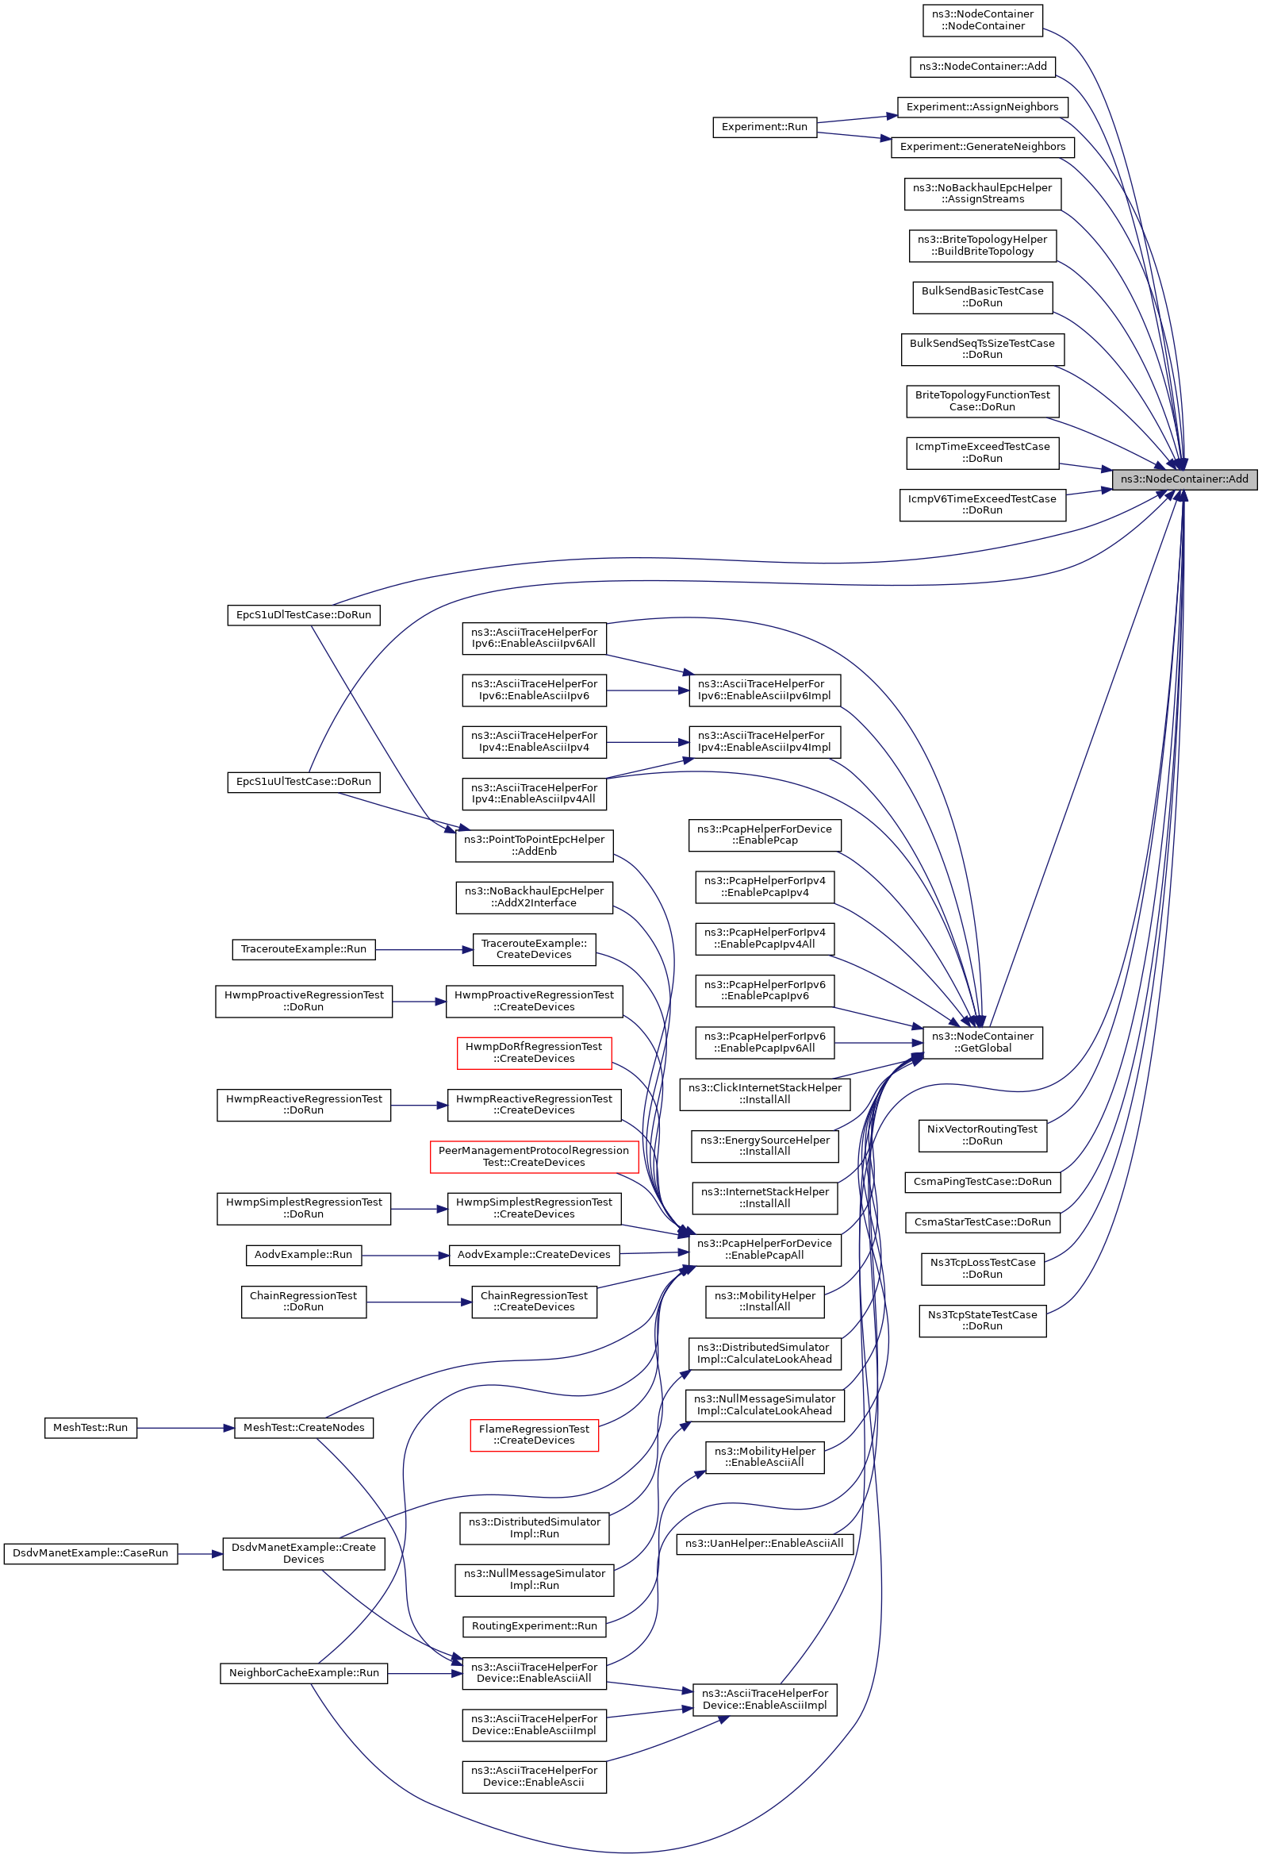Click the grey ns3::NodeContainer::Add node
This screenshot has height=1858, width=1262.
[x=1183, y=479]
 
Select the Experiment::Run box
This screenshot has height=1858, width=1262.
[x=764, y=127]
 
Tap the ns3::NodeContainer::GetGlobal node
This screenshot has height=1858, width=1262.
[x=982, y=1043]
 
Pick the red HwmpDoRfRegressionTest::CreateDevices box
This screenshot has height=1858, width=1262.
[x=534, y=1053]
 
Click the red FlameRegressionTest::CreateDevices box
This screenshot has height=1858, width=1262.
[x=534, y=1435]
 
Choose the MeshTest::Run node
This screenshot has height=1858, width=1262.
[x=90, y=1428]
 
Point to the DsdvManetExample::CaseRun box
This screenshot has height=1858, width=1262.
[x=90, y=1553]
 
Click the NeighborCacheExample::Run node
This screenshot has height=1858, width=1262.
[x=304, y=1673]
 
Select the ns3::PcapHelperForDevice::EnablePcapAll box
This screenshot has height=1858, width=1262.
[x=764, y=1249]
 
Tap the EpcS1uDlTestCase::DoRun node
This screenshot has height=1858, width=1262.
[x=304, y=616]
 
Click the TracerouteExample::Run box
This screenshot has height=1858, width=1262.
[x=304, y=950]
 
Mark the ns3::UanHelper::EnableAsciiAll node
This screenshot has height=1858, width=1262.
[x=764, y=1544]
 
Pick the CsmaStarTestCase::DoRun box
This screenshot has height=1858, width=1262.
[x=982, y=1222]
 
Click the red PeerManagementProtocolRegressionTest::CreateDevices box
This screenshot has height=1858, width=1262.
[x=534, y=1157]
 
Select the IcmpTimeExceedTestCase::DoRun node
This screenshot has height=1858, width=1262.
[x=982, y=452]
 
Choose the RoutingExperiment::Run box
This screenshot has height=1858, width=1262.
[x=534, y=1626]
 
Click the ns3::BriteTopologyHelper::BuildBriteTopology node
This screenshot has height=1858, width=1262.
[x=982, y=245]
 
